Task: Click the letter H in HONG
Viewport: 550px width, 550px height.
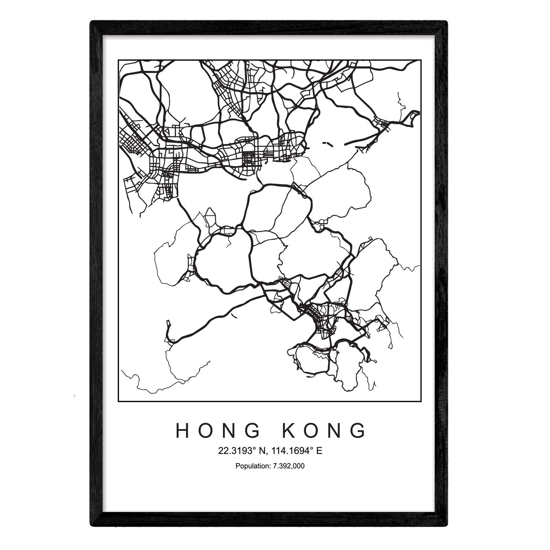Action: pos(183,430)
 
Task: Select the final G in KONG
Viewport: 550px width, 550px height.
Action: pos(358,430)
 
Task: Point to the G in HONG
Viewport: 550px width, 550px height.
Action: pos(251,430)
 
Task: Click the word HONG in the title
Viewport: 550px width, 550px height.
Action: pos(217,430)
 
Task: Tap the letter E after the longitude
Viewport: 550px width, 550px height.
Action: pos(319,451)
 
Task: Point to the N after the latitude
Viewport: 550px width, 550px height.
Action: pos(257,451)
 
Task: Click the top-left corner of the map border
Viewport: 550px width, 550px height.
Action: pos(118,59)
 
